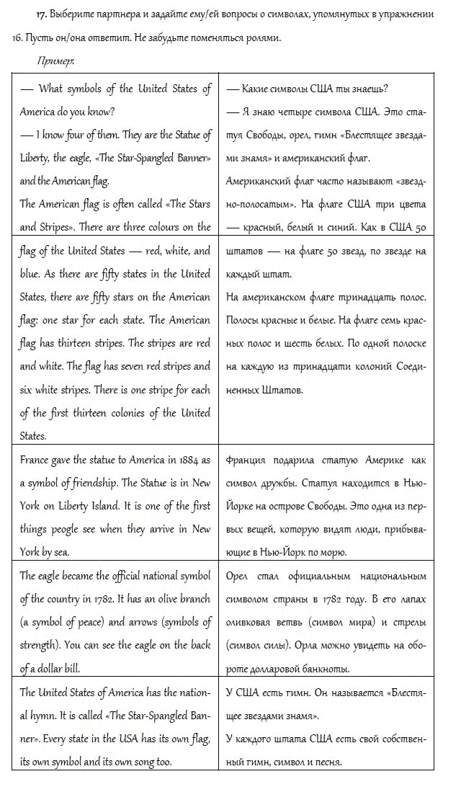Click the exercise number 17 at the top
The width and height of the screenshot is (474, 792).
tap(41, 14)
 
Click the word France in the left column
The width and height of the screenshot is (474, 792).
tap(36, 460)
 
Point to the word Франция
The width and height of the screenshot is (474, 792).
tap(246, 460)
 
